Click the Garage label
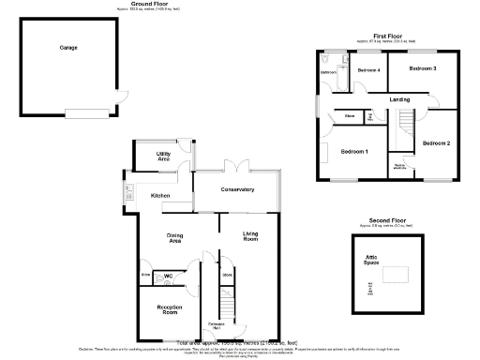click(x=69, y=47)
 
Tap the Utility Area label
click(x=163, y=156)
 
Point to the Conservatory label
click(x=238, y=189)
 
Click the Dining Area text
click(x=174, y=238)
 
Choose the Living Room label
click(x=251, y=236)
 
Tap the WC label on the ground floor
click(x=170, y=276)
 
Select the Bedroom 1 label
click(x=354, y=151)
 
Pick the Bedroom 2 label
click(x=436, y=142)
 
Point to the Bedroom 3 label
click(x=423, y=69)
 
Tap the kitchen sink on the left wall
click(x=127, y=194)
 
